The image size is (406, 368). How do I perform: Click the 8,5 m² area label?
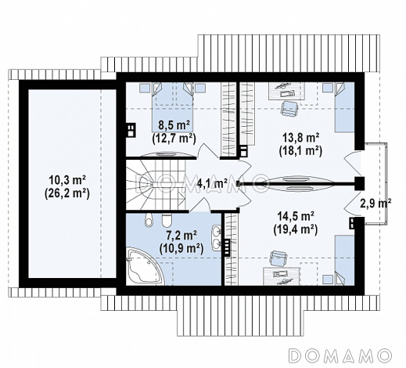[174, 126]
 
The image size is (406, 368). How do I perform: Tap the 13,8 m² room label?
[300, 138]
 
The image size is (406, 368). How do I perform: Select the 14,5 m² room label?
[296, 217]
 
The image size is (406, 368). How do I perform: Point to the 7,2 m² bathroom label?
[181, 236]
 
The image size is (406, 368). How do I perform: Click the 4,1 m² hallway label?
[212, 183]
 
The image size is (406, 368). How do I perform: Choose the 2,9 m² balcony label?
[375, 204]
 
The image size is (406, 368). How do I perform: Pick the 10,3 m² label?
[67, 181]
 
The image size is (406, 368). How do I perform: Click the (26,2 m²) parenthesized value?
[67, 193]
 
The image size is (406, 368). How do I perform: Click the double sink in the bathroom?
[216, 238]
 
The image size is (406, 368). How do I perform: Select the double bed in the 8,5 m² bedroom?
[173, 107]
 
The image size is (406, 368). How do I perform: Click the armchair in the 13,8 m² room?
[289, 108]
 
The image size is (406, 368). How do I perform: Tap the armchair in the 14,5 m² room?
[278, 258]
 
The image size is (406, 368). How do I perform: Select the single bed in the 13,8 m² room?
[344, 107]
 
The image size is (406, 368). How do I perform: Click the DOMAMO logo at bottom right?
[340, 355]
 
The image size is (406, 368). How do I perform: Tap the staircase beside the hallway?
[156, 185]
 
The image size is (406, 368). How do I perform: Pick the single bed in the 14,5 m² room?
[344, 260]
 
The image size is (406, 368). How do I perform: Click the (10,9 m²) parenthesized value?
[181, 248]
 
